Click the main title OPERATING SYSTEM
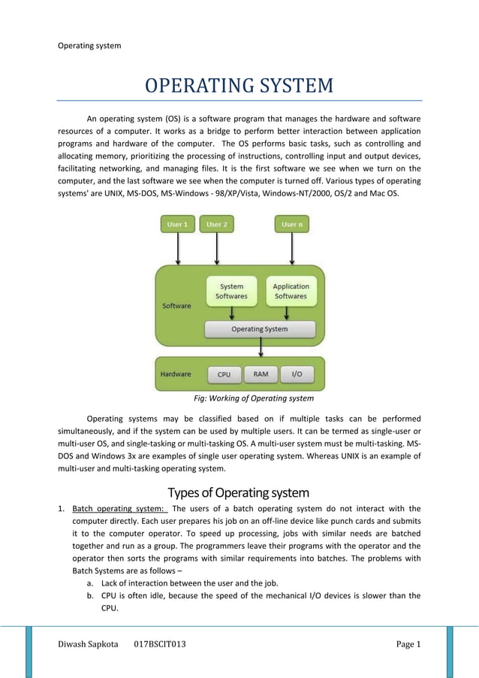pyautogui.click(x=239, y=86)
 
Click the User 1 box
pyautogui.click(x=177, y=224)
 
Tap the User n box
pyautogui.click(x=291, y=224)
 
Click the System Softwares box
pyautogui.click(x=231, y=291)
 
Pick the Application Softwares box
pyautogui.click(x=291, y=291)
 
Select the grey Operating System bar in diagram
pyautogui.click(x=259, y=329)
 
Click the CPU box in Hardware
pyautogui.click(x=224, y=374)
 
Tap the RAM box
pyautogui.click(x=261, y=374)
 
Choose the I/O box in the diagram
pyautogui.click(x=297, y=374)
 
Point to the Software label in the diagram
pyautogui.click(x=176, y=306)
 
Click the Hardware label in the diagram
pyautogui.click(x=176, y=374)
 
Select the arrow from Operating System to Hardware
pyautogui.click(x=260, y=347)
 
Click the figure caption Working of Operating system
pyautogui.click(x=254, y=398)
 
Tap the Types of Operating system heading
pyautogui.click(x=239, y=493)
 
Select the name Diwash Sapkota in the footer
pyautogui.click(x=89, y=644)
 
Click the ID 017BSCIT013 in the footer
pyautogui.click(x=160, y=644)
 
